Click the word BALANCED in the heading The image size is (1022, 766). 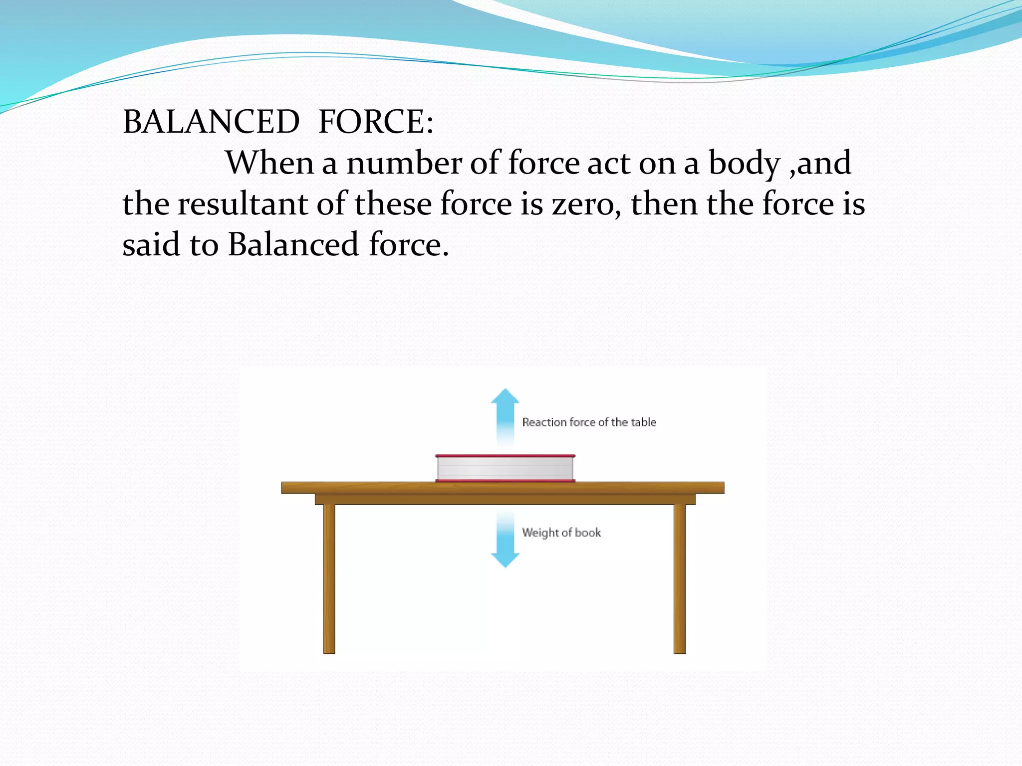point(211,122)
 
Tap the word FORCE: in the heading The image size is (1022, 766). point(376,122)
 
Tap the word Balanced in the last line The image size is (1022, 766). point(293,244)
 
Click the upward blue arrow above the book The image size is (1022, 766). point(505,414)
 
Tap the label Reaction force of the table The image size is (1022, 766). point(589,422)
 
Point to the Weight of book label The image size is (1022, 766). point(561,533)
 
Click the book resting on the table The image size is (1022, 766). point(505,469)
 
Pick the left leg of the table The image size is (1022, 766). point(329,578)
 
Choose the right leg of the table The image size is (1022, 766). point(679,578)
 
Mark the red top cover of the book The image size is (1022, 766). point(505,456)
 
